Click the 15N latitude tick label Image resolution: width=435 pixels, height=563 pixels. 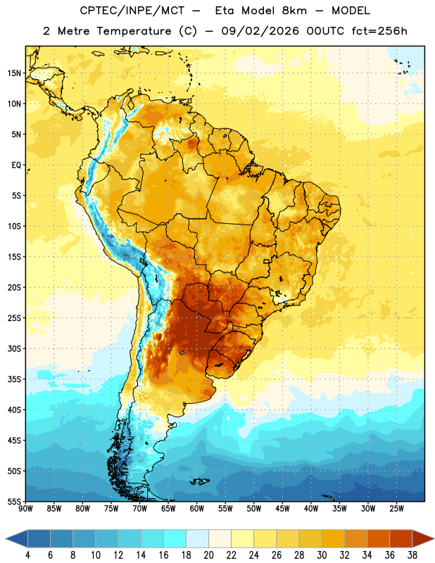(14, 73)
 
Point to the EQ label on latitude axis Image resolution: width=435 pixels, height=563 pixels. (16, 165)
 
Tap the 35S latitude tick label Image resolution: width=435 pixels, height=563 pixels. (14, 379)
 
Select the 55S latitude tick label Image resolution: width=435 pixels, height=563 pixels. (14, 501)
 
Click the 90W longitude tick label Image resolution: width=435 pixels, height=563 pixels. (25, 508)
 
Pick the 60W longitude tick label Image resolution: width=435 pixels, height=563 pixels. (197, 508)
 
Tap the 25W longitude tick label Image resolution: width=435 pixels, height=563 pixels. (396, 508)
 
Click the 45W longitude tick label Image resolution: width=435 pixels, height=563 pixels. (282, 508)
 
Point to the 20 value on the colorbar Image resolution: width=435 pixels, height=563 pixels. (208, 555)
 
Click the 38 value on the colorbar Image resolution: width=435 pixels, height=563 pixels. (412, 555)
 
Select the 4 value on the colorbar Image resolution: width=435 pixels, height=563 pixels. (27, 555)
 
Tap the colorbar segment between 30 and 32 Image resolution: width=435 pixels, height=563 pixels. (333, 538)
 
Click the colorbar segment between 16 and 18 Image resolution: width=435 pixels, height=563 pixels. (175, 538)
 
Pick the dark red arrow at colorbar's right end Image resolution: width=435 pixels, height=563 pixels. (423, 538)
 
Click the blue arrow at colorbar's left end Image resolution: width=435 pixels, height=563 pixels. (16, 538)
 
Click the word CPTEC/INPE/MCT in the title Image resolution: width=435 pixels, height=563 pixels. (132, 11)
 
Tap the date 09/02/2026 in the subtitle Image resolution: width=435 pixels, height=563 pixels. (260, 31)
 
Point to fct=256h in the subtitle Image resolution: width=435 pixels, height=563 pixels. (379, 31)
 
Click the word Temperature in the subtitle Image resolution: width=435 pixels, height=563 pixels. (134, 31)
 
